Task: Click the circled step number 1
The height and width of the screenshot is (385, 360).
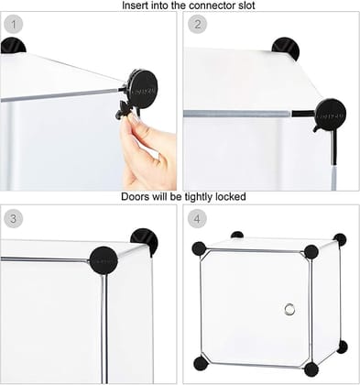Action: click(x=15, y=23)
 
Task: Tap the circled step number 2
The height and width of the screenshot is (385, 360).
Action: click(x=198, y=23)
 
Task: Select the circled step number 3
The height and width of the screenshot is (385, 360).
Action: click(x=15, y=218)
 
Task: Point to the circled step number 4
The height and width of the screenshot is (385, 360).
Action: click(x=198, y=218)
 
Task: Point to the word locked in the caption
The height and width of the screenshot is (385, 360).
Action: click(x=232, y=196)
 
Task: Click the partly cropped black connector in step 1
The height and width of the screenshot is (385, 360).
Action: click(x=12, y=45)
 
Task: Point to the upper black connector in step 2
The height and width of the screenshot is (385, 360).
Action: click(x=286, y=48)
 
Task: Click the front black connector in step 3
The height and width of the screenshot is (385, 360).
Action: click(x=102, y=260)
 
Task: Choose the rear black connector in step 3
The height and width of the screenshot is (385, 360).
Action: click(x=145, y=240)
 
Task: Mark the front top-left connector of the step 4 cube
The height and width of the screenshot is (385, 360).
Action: click(x=199, y=248)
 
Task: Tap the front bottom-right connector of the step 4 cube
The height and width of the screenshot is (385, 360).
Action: click(x=311, y=369)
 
